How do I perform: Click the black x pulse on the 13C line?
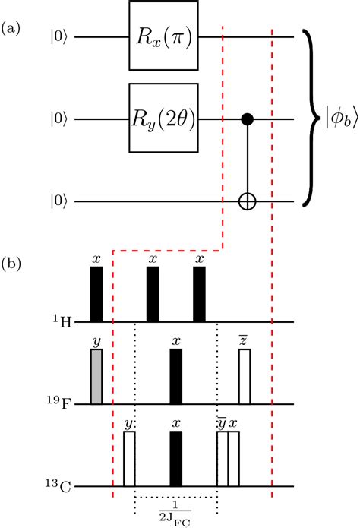point(176,459)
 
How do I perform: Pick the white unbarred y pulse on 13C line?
point(129,459)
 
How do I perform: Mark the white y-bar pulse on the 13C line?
point(222,459)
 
